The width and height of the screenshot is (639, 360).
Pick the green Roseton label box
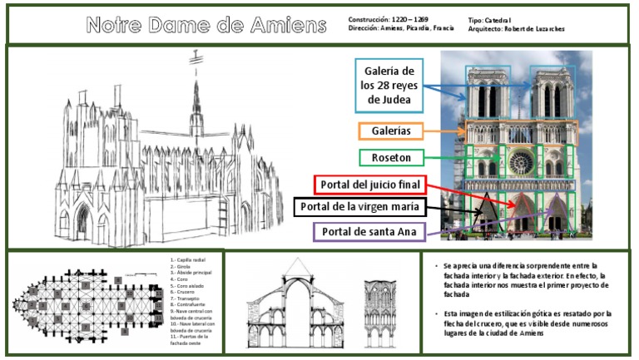click(389, 156)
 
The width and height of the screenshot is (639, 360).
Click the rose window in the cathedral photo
click(517, 158)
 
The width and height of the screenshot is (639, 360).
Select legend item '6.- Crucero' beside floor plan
click(185, 293)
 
